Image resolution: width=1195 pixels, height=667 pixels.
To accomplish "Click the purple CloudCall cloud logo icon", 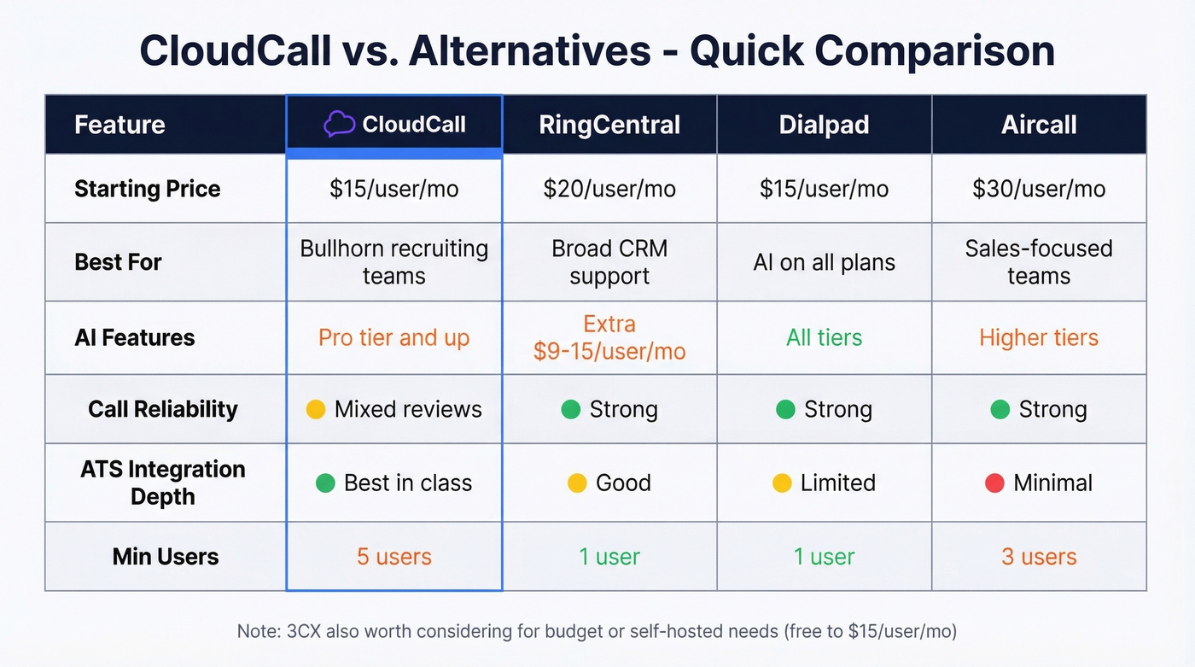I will pos(339,125).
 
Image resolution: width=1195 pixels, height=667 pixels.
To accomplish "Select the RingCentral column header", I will pos(609,125).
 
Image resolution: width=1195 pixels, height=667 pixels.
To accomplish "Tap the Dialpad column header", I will pos(824,125).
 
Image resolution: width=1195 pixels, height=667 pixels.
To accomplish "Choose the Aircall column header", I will pos(1039,125).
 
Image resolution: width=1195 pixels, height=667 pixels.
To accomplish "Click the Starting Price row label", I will pos(147,189).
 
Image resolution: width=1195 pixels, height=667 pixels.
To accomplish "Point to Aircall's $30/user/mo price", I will pos(1039,189).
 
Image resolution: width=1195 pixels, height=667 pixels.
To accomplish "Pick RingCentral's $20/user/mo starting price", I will pos(609,189).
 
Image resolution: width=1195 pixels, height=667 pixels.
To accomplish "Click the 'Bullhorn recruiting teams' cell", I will pos(393,262).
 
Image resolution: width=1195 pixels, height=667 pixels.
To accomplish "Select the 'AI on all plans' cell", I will pos(824,262).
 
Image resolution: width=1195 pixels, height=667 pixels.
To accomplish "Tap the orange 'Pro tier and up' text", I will pos(393,337).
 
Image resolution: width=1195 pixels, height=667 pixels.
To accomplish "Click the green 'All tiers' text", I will pos(824,337).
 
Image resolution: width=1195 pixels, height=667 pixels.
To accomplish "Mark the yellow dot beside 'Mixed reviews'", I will pos(316,410).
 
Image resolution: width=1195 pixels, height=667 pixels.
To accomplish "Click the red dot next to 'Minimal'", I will pos(994,483).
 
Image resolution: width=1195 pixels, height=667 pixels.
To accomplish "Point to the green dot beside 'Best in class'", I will pos(325,483).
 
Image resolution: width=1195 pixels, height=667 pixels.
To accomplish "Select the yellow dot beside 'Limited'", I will pos(782,483).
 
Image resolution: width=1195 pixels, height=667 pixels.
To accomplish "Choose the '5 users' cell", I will pos(393,557).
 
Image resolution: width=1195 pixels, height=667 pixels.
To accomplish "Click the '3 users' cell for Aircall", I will pos(1039,557).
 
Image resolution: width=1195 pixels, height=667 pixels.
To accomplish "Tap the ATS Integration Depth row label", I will pos(162,483).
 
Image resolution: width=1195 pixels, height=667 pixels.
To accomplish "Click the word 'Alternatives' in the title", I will pos(529,51).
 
